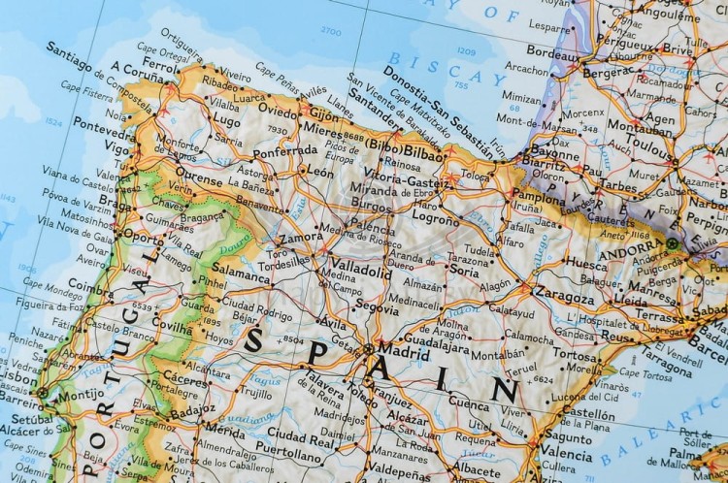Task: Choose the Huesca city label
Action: coord(586,263)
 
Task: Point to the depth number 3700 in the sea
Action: coord(332,31)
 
